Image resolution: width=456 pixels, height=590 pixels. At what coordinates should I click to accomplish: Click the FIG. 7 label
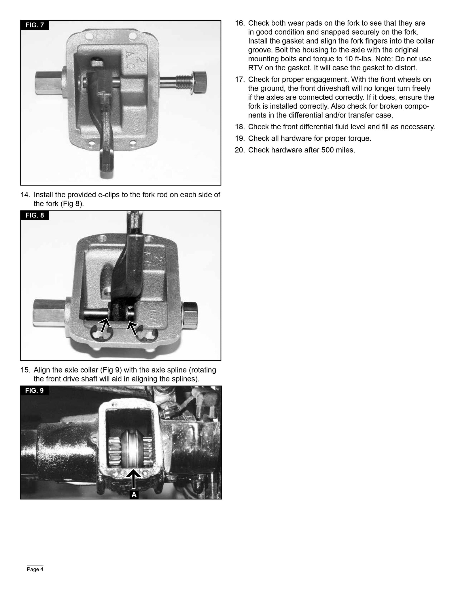pos(35,25)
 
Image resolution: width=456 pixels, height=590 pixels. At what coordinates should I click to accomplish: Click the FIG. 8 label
pos(35,215)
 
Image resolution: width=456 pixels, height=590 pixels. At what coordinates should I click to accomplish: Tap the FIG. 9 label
pos(34,391)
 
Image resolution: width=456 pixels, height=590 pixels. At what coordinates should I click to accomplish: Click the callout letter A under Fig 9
pos(134,495)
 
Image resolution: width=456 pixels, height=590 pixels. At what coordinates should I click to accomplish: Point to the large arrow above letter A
pos(134,480)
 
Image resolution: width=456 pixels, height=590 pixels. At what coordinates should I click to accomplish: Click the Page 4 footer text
pos(35,569)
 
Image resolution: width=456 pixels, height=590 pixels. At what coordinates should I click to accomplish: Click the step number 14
pos(25,195)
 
